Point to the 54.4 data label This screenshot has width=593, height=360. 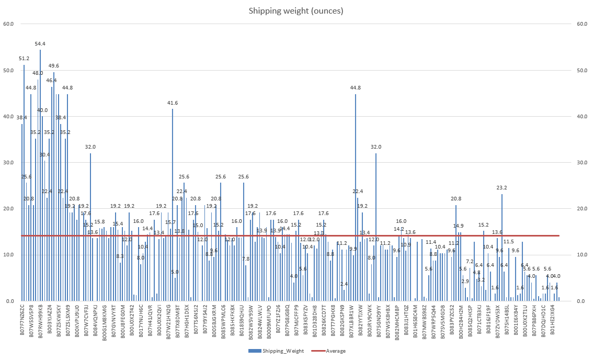40,44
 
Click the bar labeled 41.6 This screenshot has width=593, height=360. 173,205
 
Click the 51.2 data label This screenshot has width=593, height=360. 24,59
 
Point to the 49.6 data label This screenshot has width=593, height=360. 54,66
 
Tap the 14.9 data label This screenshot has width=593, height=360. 459,226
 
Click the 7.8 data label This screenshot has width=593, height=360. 246,259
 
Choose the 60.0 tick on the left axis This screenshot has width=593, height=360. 8,24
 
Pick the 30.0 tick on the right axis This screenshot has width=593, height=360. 582,163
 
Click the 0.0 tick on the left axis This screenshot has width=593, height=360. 10,301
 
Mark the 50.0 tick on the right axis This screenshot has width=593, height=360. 582,70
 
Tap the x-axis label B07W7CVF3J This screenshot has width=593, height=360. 86,323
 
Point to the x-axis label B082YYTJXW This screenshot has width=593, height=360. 361,323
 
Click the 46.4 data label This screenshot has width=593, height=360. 51,81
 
